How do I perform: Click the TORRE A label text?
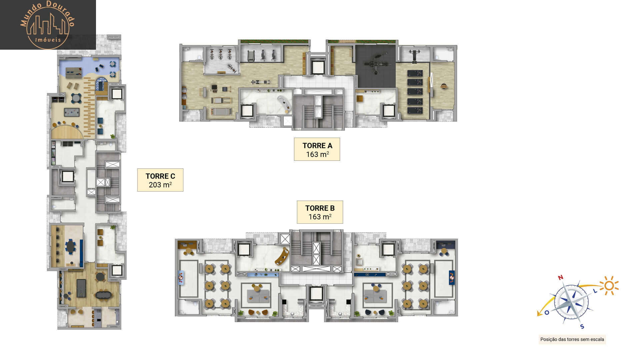coord(317,146)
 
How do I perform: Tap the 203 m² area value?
coord(160,185)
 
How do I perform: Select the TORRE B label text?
coord(320,208)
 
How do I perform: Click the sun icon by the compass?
coord(609,286)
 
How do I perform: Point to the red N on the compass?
coord(560,278)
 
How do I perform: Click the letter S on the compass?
coord(582,326)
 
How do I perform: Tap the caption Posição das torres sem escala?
coord(572,339)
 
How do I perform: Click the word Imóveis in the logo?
coord(48,40)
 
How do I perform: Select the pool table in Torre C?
coord(81,288)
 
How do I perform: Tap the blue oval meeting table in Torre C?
coord(70,247)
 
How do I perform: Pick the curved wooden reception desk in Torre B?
coord(282,256)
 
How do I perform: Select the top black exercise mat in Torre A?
coord(415,73)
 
